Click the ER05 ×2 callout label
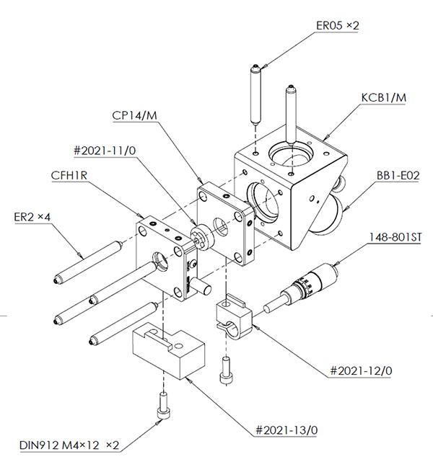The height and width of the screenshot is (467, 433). click(337, 26)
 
